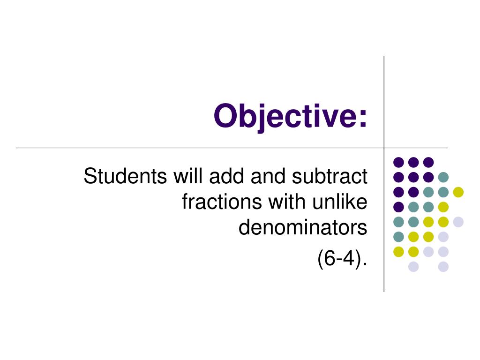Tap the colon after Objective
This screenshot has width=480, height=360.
(x=363, y=118)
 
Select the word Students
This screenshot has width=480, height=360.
(x=125, y=176)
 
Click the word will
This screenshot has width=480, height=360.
(x=188, y=176)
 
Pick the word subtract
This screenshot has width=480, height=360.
(x=330, y=176)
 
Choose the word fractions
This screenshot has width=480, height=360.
(x=222, y=202)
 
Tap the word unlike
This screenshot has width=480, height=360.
(x=340, y=202)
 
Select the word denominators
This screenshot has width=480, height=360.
(x=303, y=227)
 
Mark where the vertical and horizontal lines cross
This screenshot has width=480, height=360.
(x=384, y=148)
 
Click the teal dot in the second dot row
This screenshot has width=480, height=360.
(x=443, y=177)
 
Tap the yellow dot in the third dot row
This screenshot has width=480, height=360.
(x=458, y=192)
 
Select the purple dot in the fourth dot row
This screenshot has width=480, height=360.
(x=398, y=207)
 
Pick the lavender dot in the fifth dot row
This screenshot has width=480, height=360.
(x=458, y=222)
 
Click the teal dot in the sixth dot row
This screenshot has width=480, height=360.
(x=398, y=237)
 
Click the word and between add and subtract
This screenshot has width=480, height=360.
(x=268, y=176)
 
